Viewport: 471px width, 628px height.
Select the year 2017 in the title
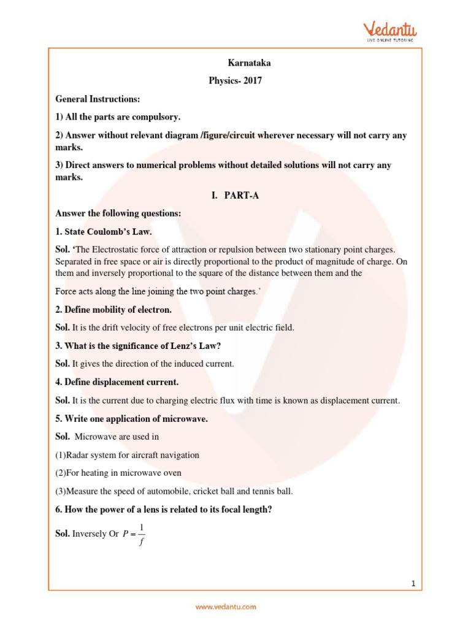tap(251, 80)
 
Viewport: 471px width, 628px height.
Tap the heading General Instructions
tap(98, 98)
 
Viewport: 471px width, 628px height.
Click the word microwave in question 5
tap(188, 419)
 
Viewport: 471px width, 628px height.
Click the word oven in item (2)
tap(172, 473)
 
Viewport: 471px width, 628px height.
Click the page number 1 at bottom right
tap(414, 584)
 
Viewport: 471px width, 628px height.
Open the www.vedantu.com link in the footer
tap(226, 607)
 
